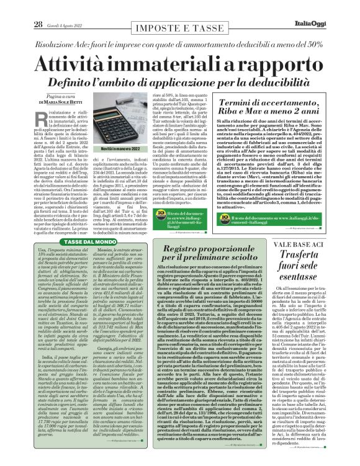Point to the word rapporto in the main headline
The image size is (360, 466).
click(274, 65)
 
